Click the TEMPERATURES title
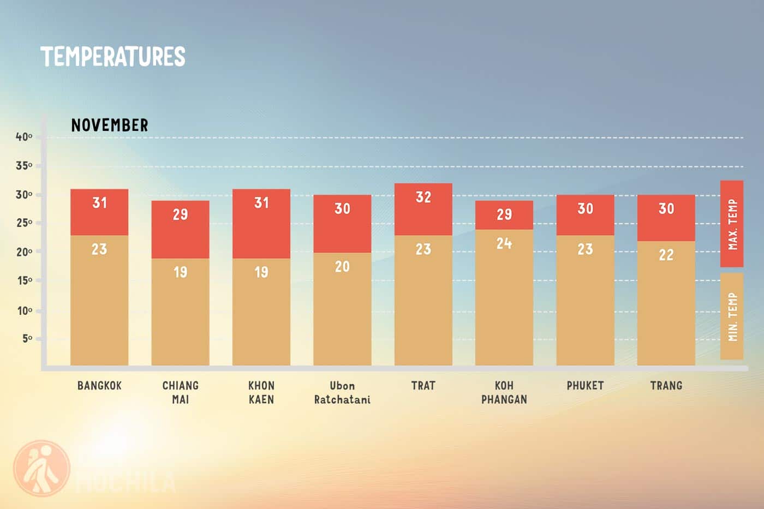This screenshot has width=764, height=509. pos(113,57)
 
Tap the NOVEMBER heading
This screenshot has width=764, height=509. pos(110,125)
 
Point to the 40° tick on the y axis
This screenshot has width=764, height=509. pos(24,136)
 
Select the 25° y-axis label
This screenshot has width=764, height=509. pos(24,223)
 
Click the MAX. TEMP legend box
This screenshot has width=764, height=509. pos(732,224)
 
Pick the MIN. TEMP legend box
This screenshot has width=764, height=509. pos(732,316)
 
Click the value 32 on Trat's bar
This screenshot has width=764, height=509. pos(423,197)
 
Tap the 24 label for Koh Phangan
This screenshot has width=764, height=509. pos(504,243)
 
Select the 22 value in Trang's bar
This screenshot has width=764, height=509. pos(666,255)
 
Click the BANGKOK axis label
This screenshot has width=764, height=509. pos(99,386)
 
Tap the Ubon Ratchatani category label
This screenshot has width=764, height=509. pos(342,392)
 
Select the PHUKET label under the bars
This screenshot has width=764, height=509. pos(585,386)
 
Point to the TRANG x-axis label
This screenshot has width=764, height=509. pos(666,386)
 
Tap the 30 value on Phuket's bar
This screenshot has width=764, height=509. pos(585,208)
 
